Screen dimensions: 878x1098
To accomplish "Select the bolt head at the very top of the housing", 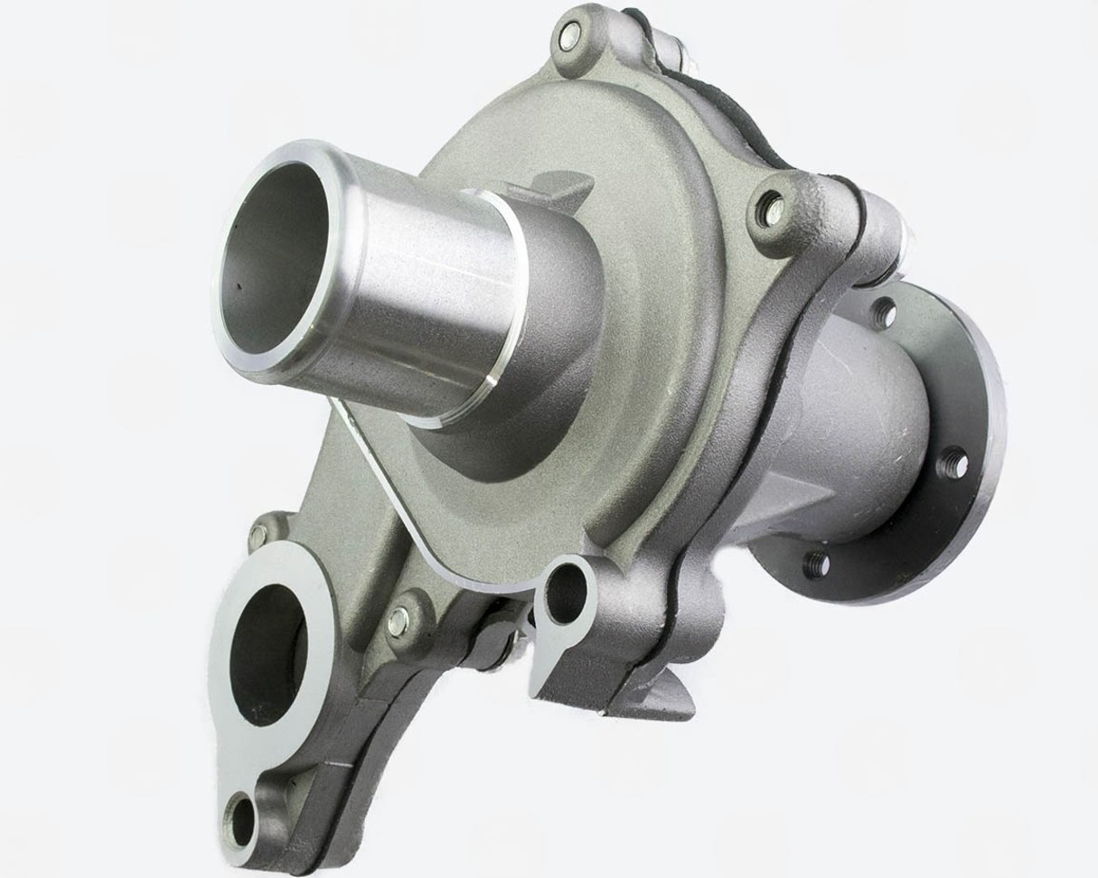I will tap(568, 37).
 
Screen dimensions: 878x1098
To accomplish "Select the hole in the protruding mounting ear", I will tap(566, 594).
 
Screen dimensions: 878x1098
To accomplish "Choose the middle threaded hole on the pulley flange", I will tap(952, 463).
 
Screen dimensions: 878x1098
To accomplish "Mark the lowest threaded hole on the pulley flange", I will tap(815, 565).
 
